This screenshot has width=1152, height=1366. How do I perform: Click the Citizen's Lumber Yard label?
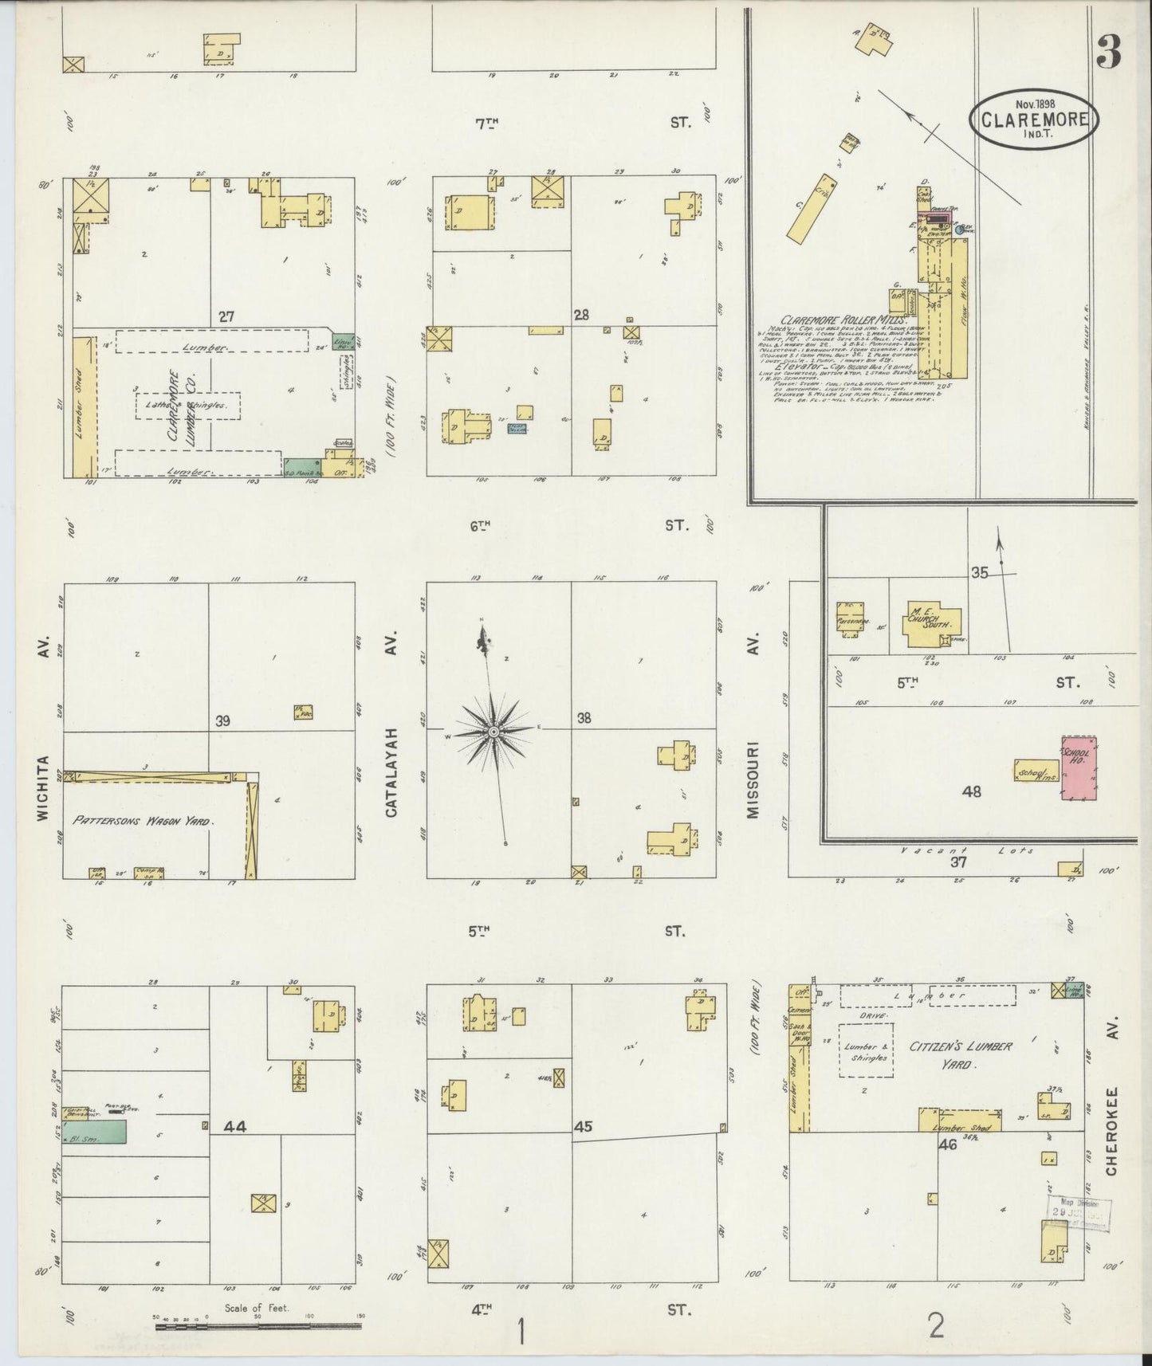click(x=961, y=1053)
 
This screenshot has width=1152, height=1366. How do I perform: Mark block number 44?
click(x=235, y=1126)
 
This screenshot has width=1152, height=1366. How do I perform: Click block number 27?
click(x=227, y=316)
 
